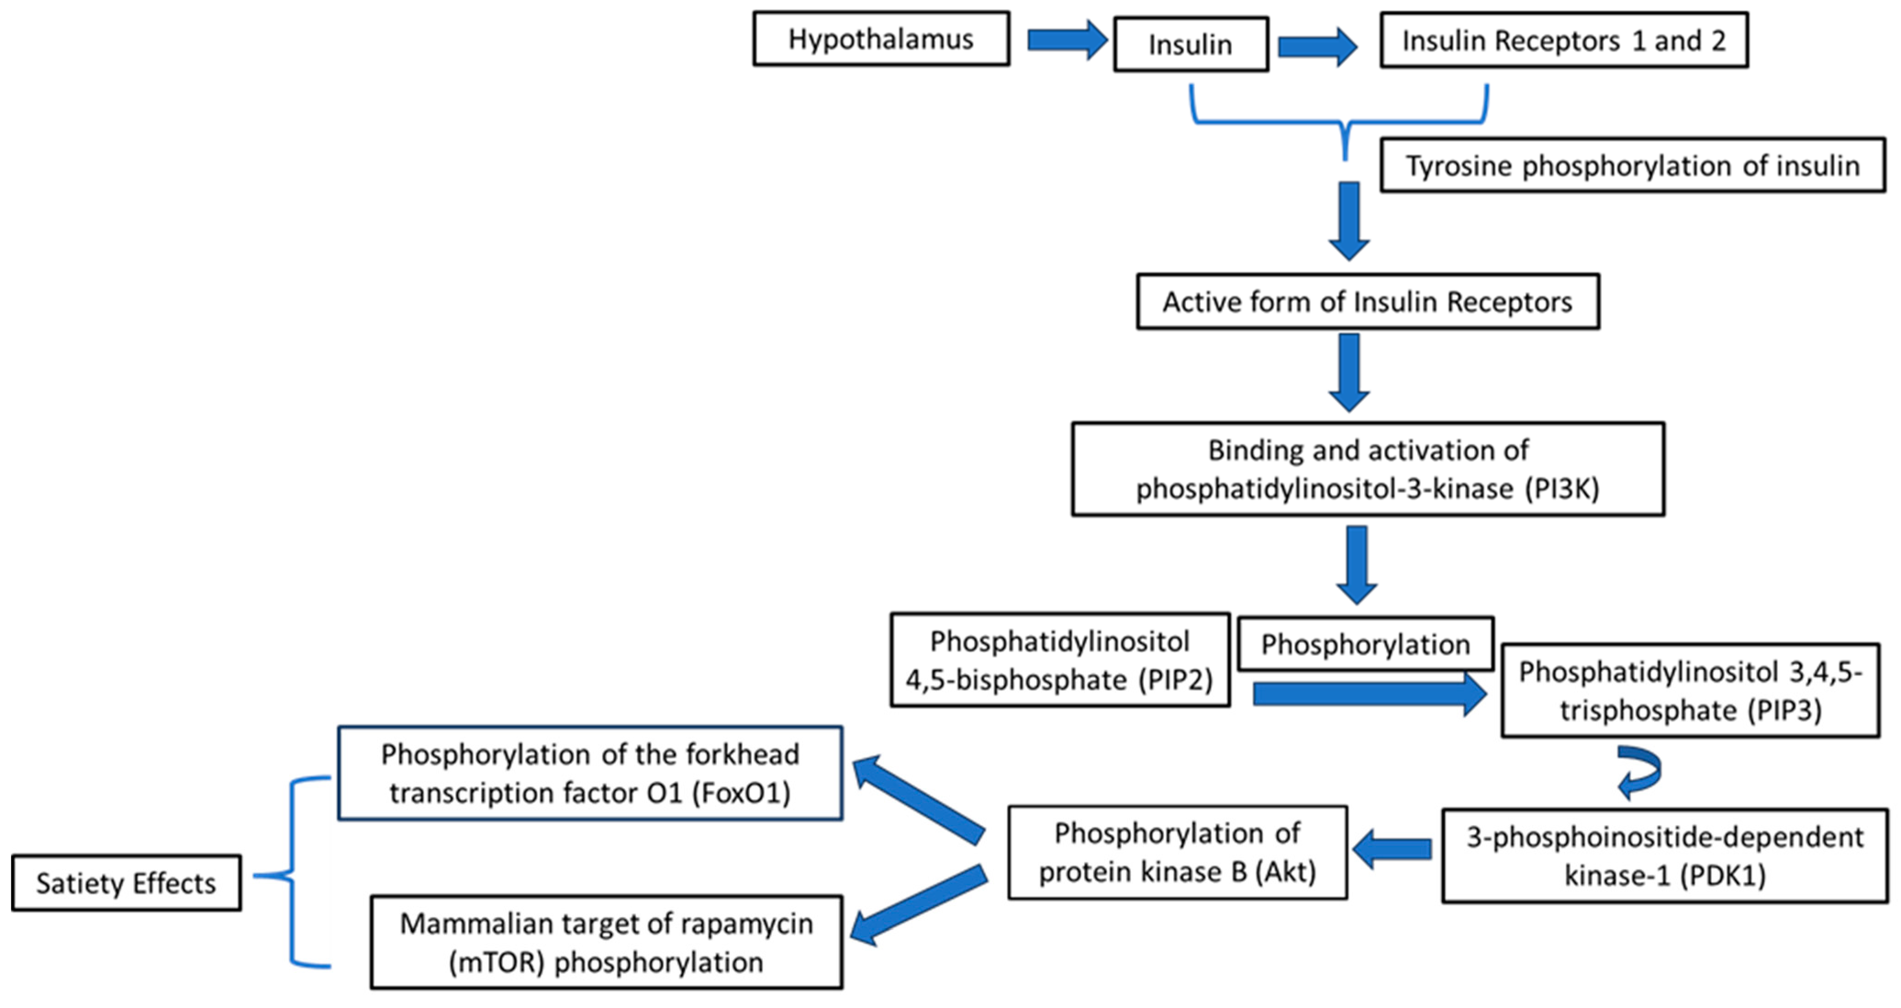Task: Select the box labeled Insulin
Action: tap(1191, 45)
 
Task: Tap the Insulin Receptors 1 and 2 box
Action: tap(1564, 40)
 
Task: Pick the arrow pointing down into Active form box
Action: tap(1349, 222)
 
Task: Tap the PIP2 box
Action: tap(1060, 660)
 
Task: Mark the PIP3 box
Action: tap(1690, 691)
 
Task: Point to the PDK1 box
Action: tap(1665, 856)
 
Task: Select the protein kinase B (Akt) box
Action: tap(1178, 852)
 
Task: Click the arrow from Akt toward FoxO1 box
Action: tap(919, 801)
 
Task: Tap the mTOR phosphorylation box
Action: tap(607, 942)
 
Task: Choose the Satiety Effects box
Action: tap(126, 883)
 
